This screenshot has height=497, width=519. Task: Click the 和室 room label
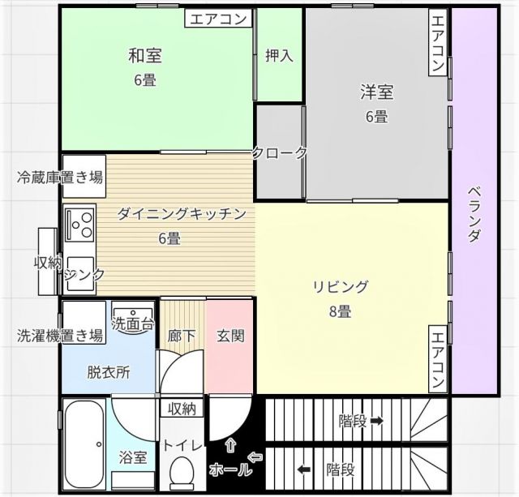145,56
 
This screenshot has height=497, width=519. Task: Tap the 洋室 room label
376,92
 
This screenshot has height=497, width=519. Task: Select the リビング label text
341,286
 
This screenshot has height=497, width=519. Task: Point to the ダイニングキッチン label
181,214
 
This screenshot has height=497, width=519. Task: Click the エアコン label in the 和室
221,19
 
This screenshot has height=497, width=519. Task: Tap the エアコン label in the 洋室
437,44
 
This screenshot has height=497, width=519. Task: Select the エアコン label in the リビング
437,359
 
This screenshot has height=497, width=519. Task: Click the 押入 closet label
280,56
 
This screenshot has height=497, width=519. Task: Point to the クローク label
280,152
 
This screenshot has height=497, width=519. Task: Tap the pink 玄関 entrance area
230,336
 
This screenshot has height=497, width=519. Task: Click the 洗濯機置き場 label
60,336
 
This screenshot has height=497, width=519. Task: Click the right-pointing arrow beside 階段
377,421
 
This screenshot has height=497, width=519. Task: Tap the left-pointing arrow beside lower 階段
304,469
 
